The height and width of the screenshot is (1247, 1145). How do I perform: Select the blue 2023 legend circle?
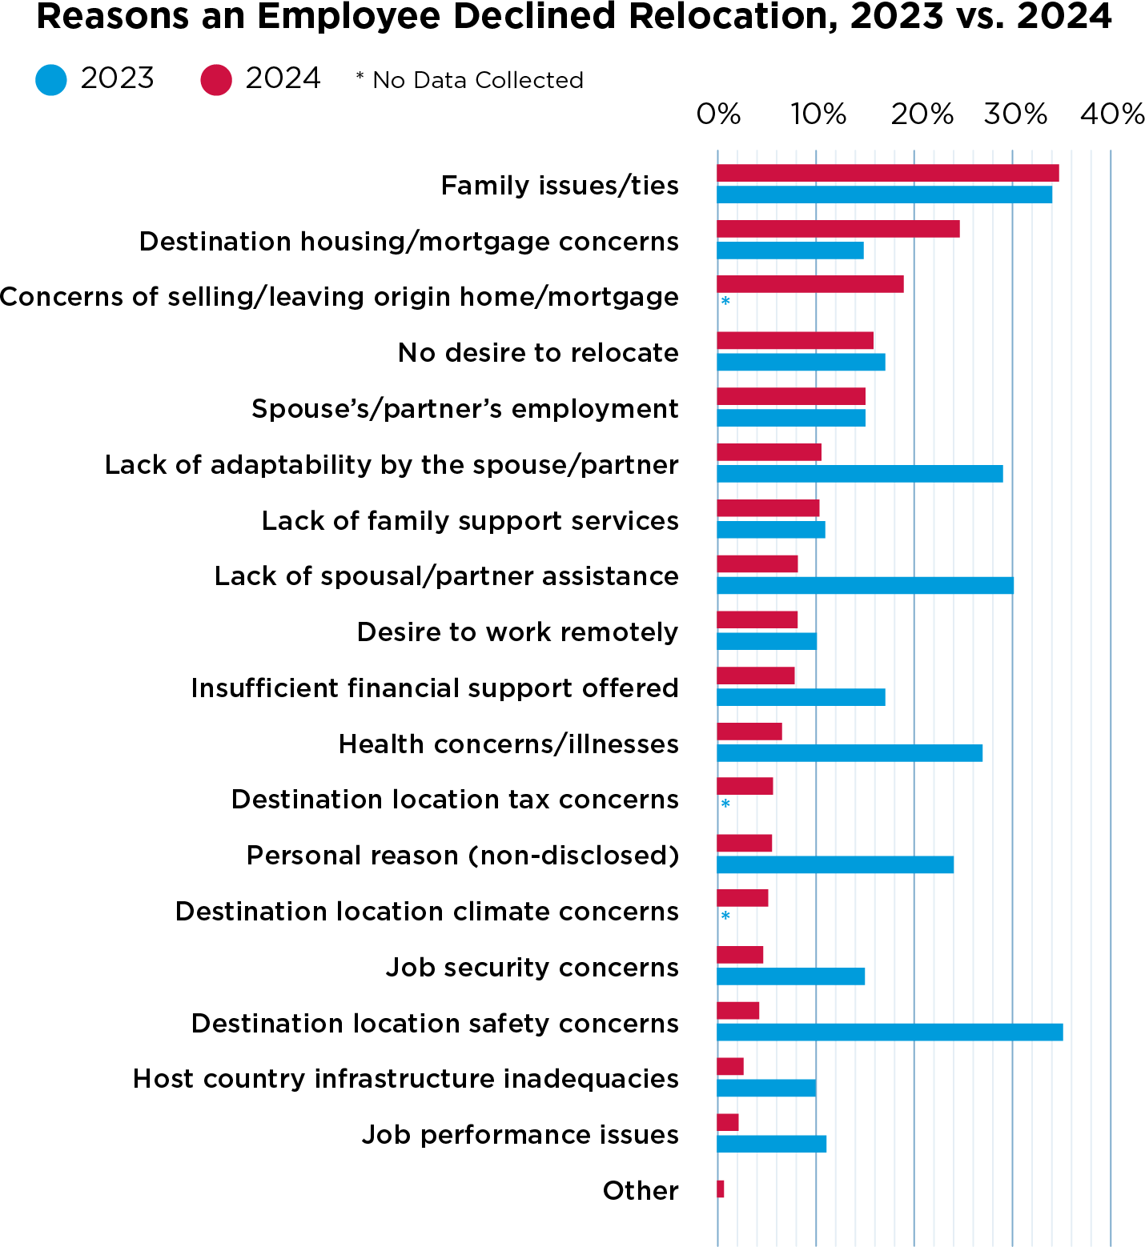pyautogui.click(x=51, y=80)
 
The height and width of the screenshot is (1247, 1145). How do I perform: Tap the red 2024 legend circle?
pyautogui.click(x=216, y=80)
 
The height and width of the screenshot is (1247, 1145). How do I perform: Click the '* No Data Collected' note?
pyautogui.click(x=470, y=80)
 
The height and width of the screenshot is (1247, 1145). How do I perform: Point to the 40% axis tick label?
pyautogui.click(x=1111, y=114)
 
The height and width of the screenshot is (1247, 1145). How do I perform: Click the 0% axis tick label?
pyautogui.click(x=718, y=114)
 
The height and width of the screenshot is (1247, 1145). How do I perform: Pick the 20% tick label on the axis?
pyautogui.click(x=922, y=114)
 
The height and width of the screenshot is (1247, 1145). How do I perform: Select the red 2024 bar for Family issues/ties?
pyautogui.click(x=887, y=173)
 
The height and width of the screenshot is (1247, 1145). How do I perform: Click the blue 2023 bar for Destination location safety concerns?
pyautogui.click(x=890, y=1032)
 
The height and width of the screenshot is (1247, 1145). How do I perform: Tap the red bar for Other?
pyautogui.click(x=721, y=1189)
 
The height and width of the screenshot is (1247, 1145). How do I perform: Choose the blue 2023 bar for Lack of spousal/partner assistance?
pyautogui.click(x=865, y=585)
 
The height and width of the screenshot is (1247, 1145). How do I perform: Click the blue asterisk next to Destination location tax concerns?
pyautogui.click(x=725, y=804)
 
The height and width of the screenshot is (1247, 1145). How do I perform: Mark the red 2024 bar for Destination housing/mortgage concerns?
pyautogui.click(x=838, y=229)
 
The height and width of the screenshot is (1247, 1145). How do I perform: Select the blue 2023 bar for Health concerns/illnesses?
pyautogui.click(x=849, y=752)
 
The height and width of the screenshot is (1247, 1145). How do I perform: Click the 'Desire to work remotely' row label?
pyautogui.click(x=517, y=632)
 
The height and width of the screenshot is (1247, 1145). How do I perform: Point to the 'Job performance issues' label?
pyautogui.click(x=520, y=1135)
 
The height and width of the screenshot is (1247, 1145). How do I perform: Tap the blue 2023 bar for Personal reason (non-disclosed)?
pyautogui.click(x=835, y=864)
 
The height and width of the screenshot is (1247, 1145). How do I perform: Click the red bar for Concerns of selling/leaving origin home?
pyautogui.click(x=810, y=284)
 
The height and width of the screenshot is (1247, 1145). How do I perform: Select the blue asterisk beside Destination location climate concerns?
pyautogui.click(x=725, y=916)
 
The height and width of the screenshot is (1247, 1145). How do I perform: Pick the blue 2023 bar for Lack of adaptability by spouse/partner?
pyautogui.click(x=859, y=473)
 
